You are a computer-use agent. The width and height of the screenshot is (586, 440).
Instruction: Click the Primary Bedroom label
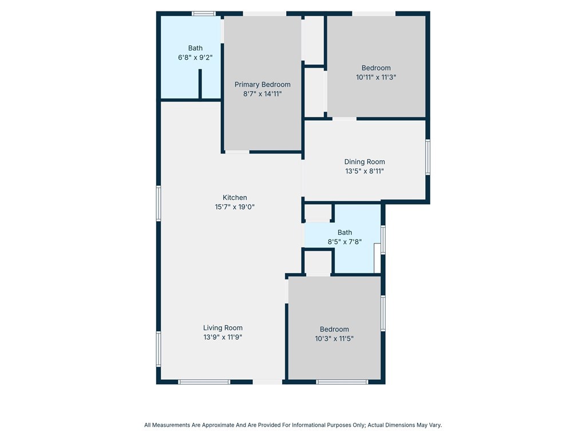262,85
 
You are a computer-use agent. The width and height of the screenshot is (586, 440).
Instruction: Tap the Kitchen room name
235,198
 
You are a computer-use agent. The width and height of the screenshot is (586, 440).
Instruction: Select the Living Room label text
223,328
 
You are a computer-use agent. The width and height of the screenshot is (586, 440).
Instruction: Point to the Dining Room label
365,162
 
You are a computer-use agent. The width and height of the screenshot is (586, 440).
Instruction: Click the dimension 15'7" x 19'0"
235,207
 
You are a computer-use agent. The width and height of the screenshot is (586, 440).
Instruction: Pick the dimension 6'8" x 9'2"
195,58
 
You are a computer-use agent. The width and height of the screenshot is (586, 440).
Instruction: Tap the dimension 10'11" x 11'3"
376,77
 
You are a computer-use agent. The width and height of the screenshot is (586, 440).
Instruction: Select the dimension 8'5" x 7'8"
345,242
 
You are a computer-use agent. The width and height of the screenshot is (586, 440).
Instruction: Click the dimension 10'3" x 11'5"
334,339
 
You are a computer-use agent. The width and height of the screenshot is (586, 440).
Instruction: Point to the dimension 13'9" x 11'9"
223,337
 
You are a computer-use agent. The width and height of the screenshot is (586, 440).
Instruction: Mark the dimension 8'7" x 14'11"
262,94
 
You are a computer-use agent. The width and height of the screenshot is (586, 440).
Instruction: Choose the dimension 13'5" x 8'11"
365,171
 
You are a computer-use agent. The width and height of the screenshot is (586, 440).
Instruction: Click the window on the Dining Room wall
428,157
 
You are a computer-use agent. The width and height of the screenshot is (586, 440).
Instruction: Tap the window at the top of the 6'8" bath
204,14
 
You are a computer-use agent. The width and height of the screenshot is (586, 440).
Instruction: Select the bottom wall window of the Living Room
204,382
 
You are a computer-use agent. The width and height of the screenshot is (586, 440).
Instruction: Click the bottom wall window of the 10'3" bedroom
342,382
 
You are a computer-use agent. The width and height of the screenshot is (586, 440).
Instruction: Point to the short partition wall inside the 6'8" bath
200,84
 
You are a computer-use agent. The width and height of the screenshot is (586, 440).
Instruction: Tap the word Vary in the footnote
435,425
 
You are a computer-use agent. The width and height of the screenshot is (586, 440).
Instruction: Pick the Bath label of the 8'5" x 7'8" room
345,233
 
